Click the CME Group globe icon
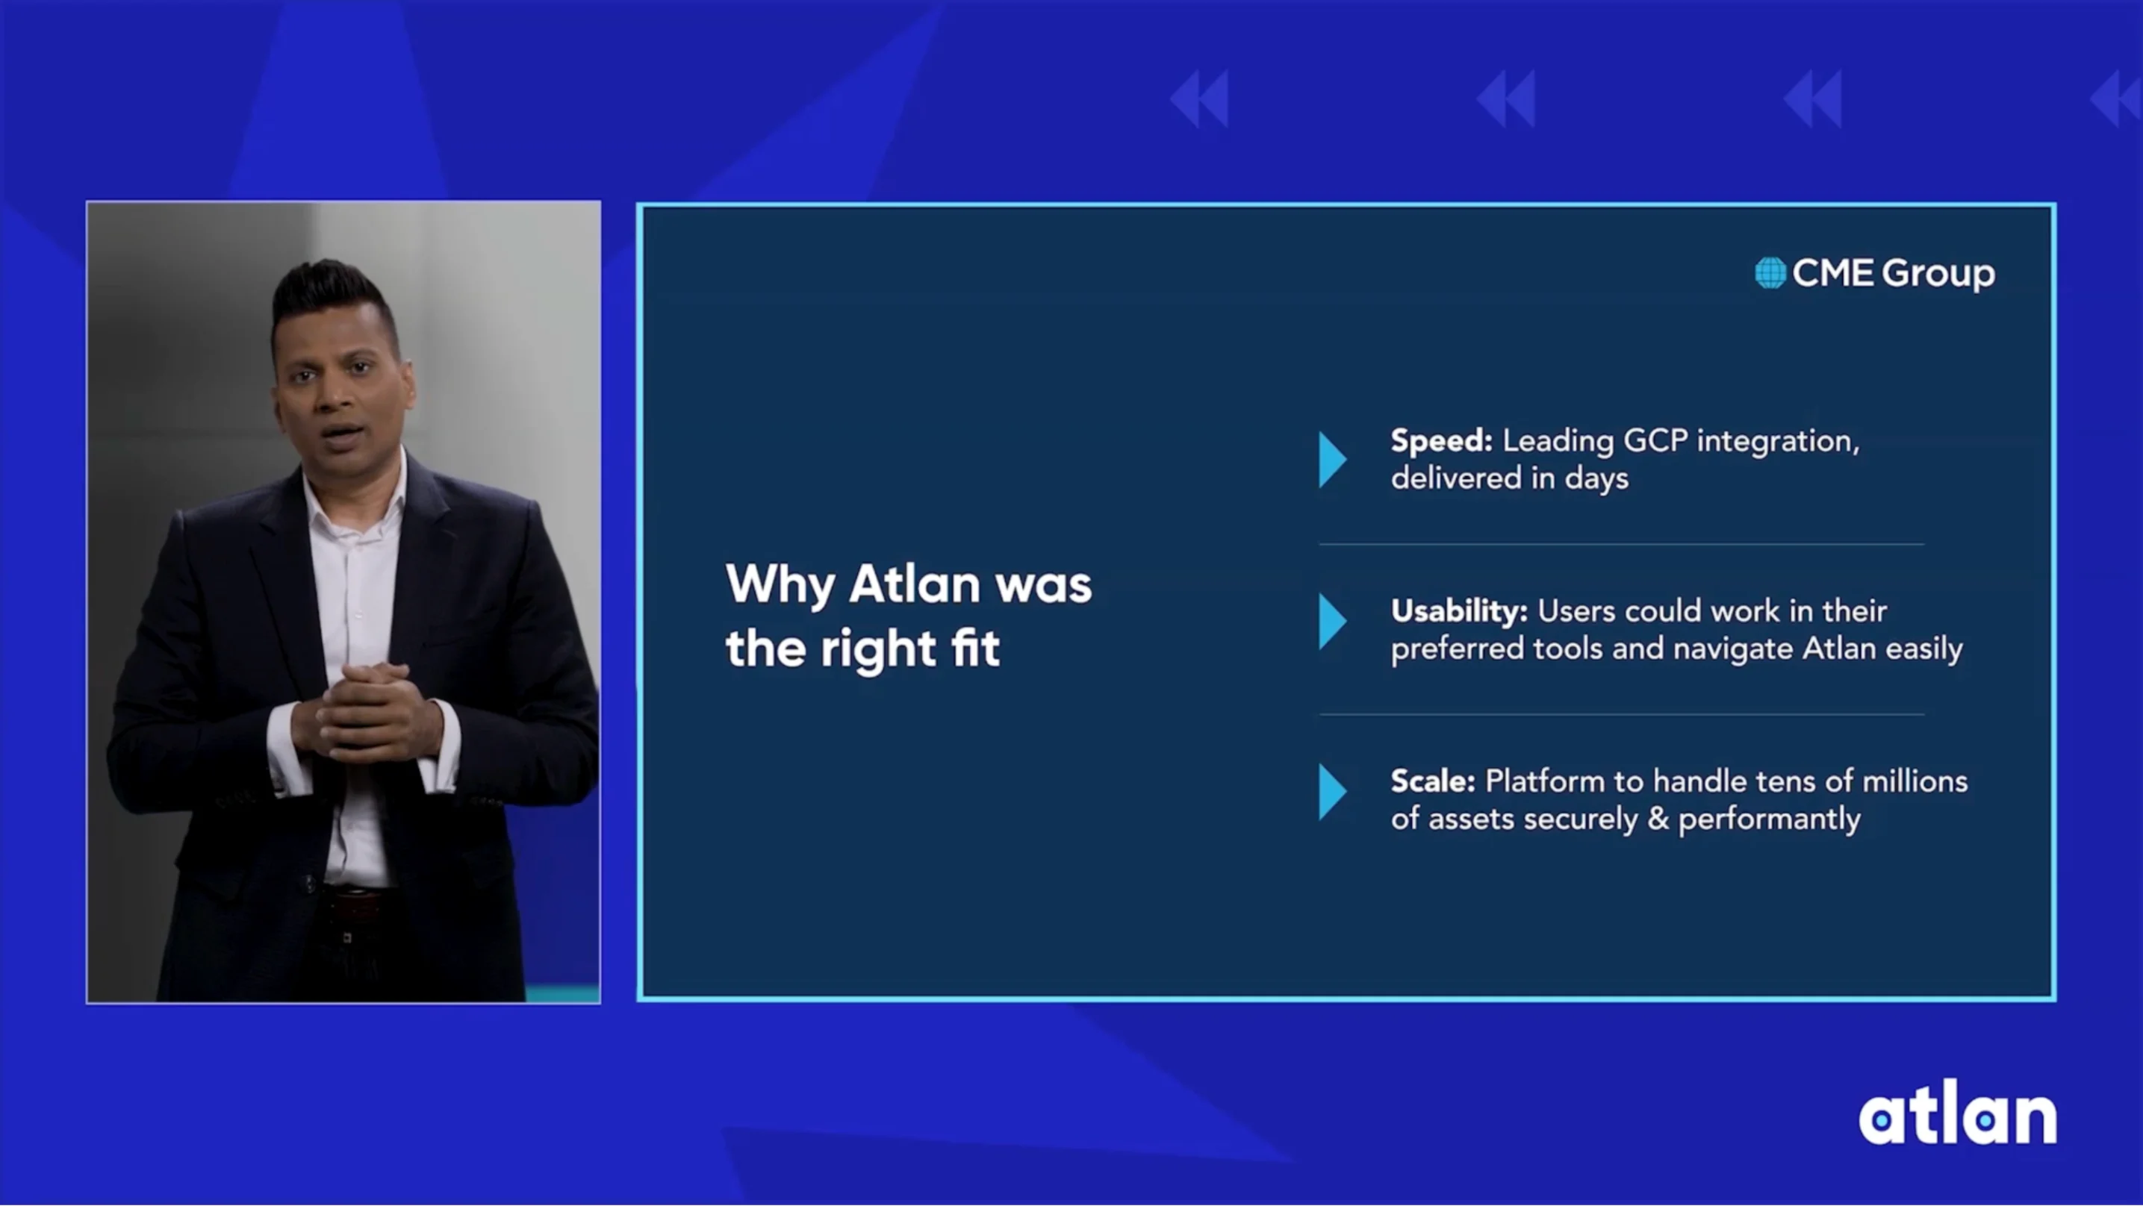click(1770, 273)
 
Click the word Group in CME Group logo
click(1938, 274)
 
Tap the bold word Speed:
click(1441, 441)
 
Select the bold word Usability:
click(1458, 611)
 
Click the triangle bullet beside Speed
click(1331, 459)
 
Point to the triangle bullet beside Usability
click(1331, 622)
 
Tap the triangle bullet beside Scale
click(1331, 793)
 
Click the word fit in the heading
click(975, 649)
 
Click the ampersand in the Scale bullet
click(1658, 819)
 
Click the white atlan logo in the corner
click(1956, 1114)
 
